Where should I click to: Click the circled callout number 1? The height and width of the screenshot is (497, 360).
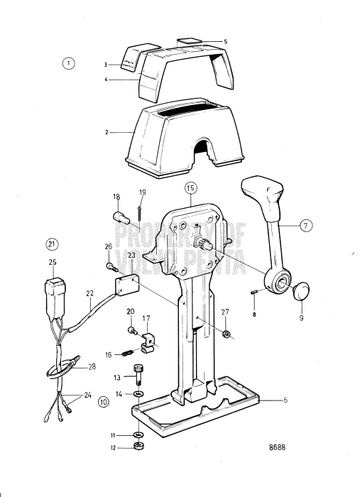pos(68,63)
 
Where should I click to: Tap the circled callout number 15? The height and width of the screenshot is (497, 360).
pos(189,189)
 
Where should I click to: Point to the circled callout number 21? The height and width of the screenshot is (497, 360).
pos(51,244)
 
